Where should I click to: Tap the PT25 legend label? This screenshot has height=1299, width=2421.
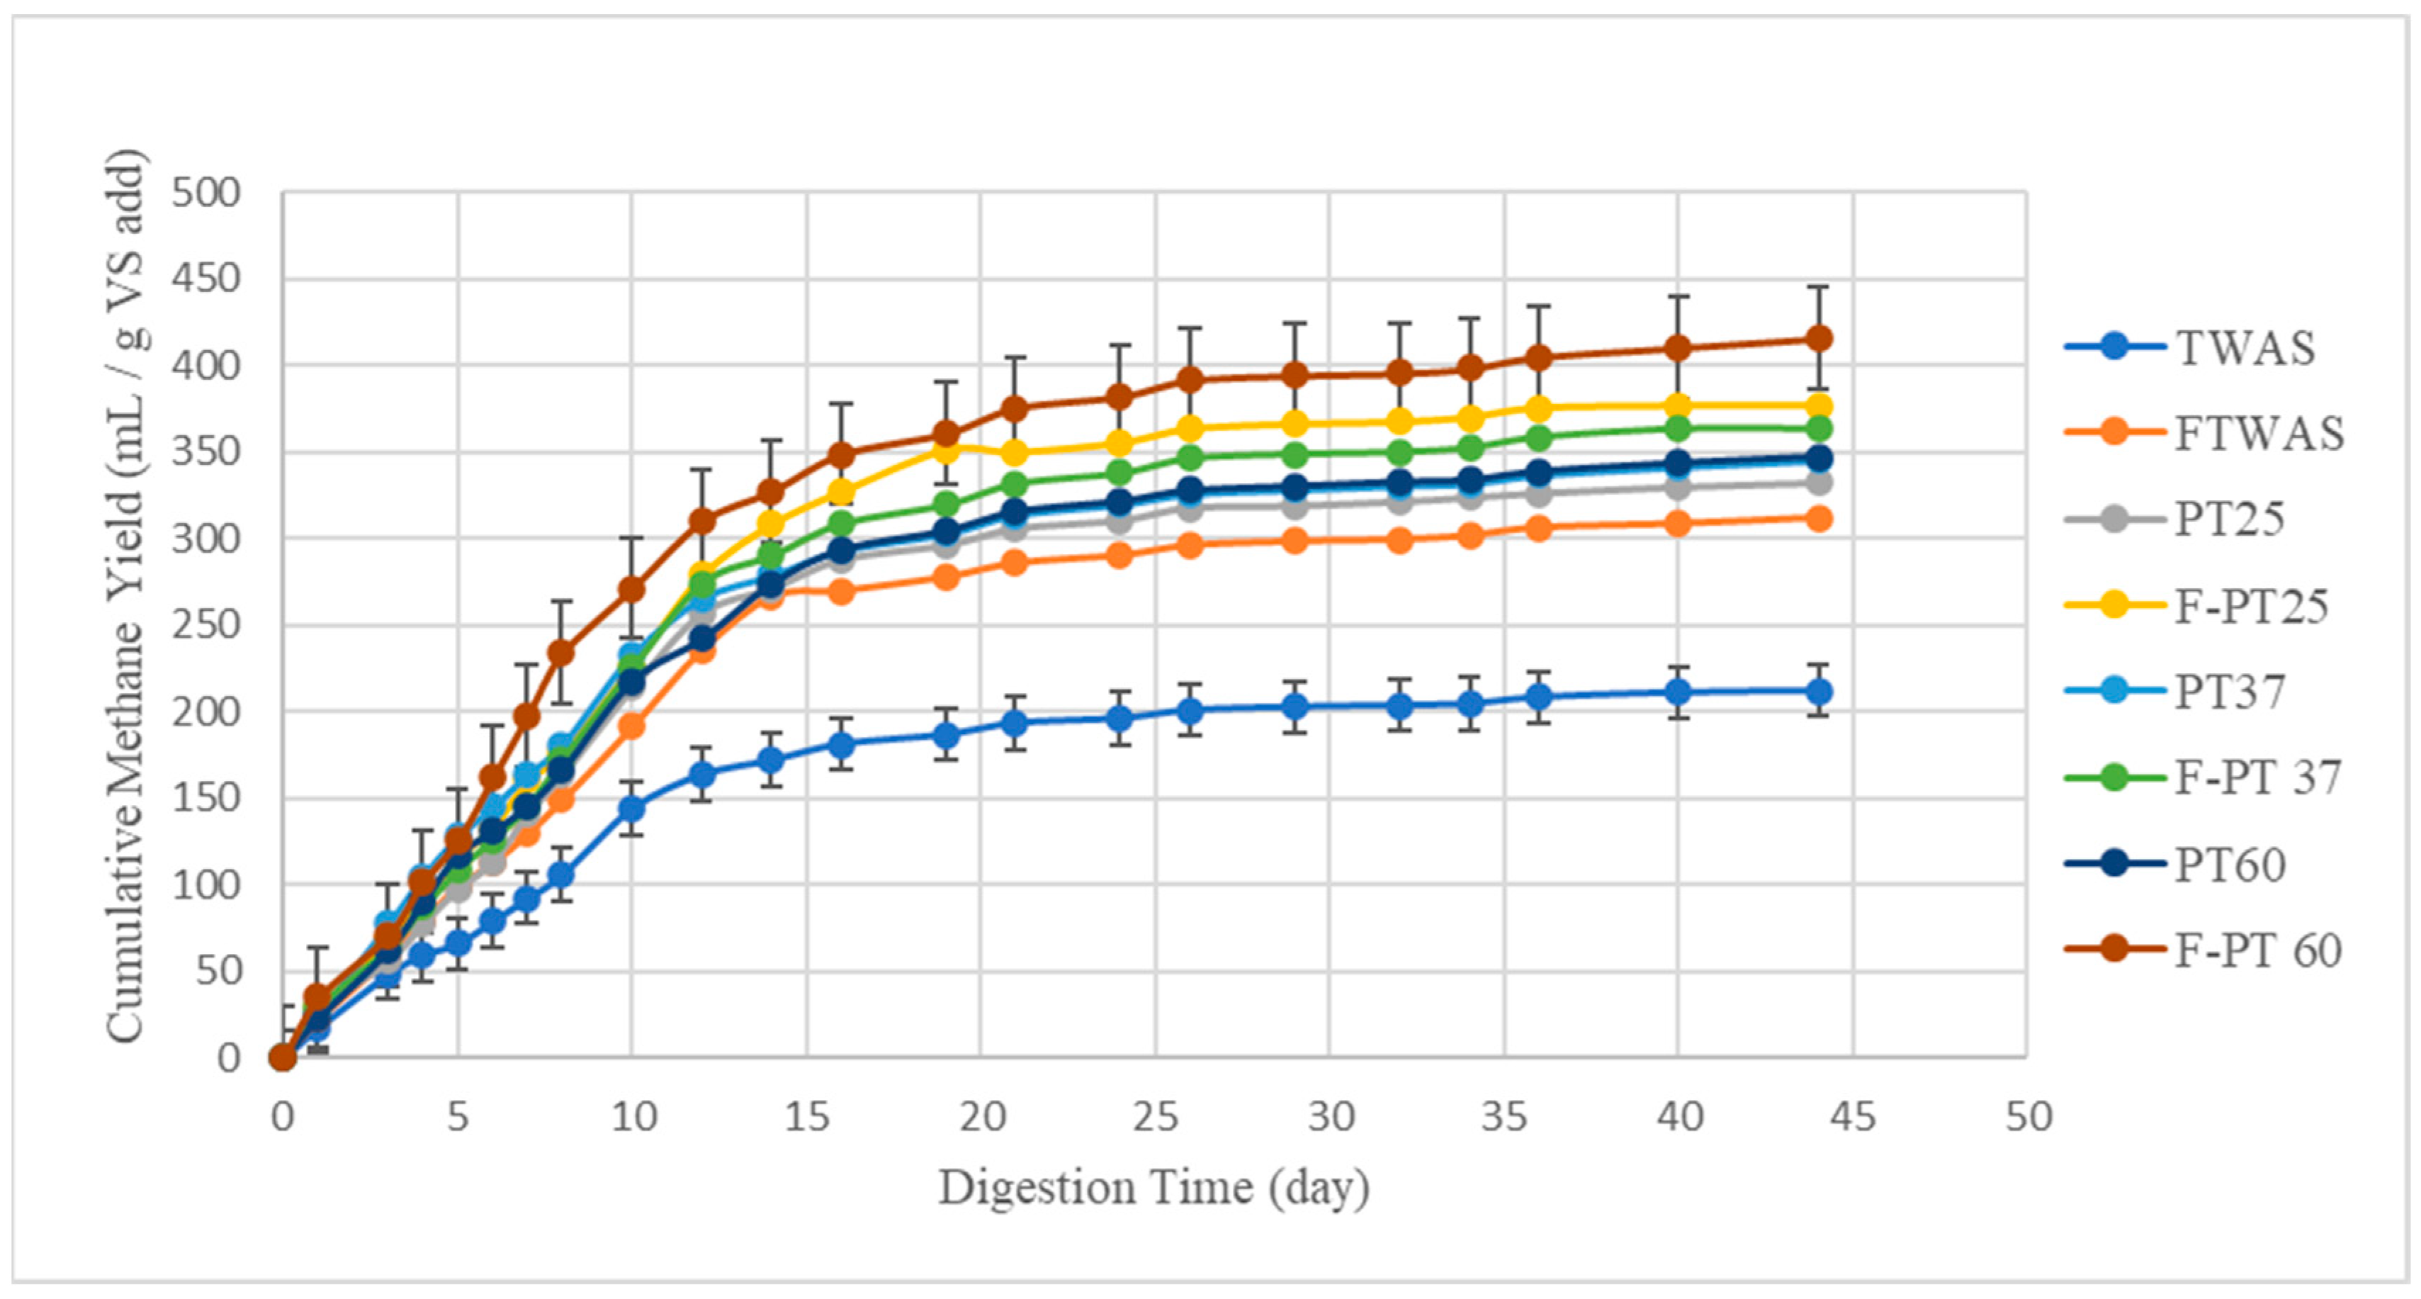click(2228, 519)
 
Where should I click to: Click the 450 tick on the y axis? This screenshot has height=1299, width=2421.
click(205, 279)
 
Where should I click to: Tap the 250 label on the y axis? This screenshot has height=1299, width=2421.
click(205, 625)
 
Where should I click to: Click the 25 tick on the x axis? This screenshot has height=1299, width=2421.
click(1155, 1117)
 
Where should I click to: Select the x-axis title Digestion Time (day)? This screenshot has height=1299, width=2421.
click(1153, 1187)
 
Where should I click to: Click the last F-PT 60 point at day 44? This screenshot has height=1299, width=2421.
click(1819, 338)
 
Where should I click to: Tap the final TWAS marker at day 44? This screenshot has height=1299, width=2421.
click(1819, 692)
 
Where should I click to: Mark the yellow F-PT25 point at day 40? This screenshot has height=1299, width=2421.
click(1678, 406)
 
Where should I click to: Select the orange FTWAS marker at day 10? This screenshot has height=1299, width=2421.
click(631, 726)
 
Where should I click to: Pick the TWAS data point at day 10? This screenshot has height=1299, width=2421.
click(631, 809)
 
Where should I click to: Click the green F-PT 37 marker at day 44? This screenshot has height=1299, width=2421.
click(1819, 429)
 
